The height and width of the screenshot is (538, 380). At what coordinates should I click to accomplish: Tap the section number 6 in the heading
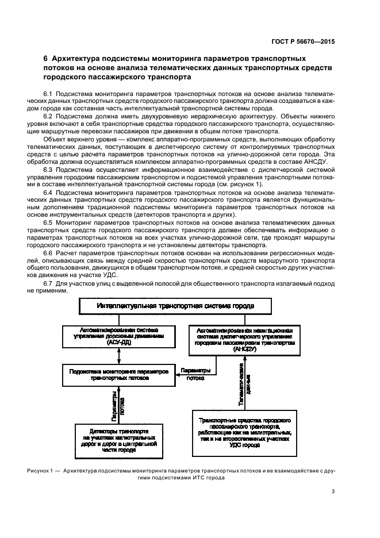pyautogui.click(x=46, y=59)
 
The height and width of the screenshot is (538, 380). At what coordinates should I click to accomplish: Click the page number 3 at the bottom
pyautogui.click(x=333, y=491)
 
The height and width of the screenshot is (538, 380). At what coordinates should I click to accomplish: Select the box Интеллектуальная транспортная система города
pyautogui.click(x=175, y=307)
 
